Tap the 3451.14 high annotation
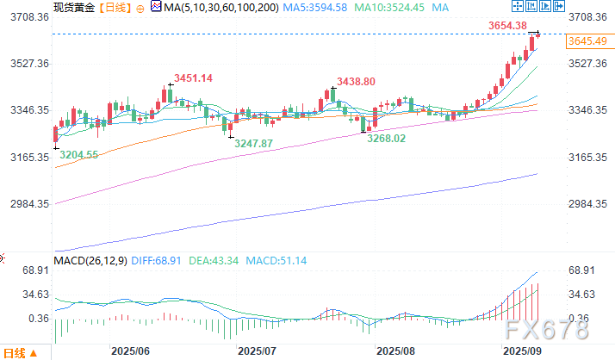click(x=193, y=78)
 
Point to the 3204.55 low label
click(x=78, y=155)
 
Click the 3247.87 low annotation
click(x=255, y=142)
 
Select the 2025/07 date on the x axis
click(x=256, y=351)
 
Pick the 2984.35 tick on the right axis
click(x=591, y=204)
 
